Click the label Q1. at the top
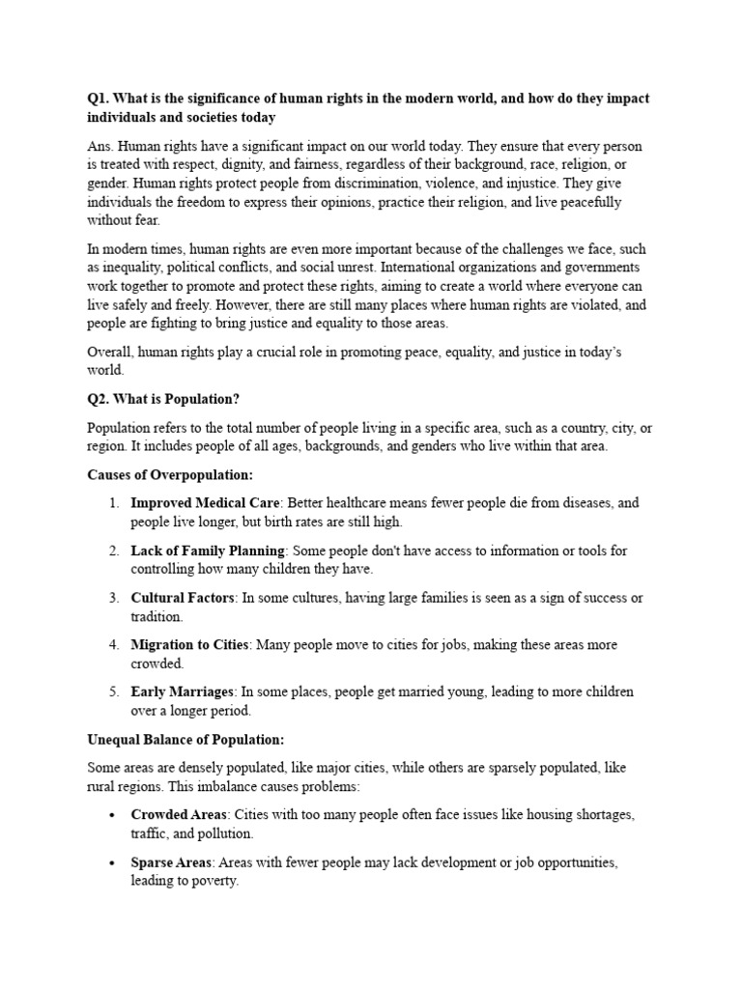point(99,98)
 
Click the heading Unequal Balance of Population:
point(185,739)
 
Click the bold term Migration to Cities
point(190,644)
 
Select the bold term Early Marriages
point(183,692)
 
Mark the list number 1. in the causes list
point(113,503)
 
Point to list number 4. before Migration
point(113,644)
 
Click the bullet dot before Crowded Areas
point(113,815)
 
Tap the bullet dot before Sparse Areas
point(113,862)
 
